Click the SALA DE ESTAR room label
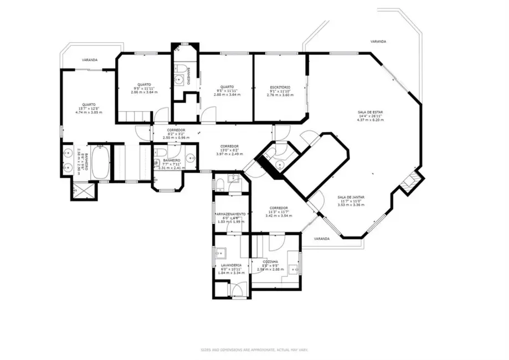point(369,112)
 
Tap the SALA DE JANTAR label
point(351,197)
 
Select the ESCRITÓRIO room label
point(280,88)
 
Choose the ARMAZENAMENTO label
point(230,214)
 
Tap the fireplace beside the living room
point(410,182)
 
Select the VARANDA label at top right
point(379,42)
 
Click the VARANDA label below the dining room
point(321,239)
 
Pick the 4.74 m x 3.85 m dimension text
point(89,112)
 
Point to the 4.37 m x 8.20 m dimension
point(369,120)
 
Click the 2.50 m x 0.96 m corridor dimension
point(176,137)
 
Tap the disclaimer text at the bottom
point(254,349)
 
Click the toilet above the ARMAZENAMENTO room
point(220,183)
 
